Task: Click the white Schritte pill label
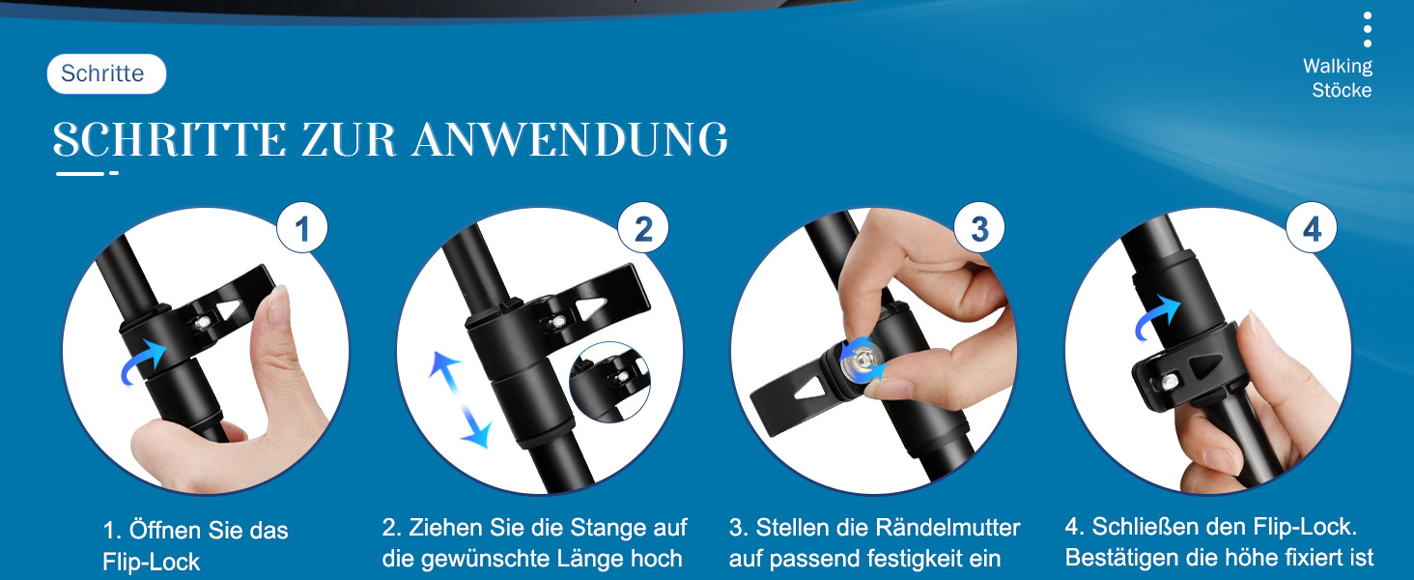tap(106, 73)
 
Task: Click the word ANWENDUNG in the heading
tap(570, 139)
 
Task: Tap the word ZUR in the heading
tap(349, 139)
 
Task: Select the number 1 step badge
tap(301, 228)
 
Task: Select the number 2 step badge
tap(642, 228)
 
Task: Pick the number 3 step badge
tap(979, 228)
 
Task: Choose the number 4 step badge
tap(1312, 228)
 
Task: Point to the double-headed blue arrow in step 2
tap(460, 399)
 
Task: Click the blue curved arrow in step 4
tap(1155, 318)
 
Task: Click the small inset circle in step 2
tap(609, 382)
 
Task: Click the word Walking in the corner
tap(1338, 66)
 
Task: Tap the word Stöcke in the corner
tap(1342, 90)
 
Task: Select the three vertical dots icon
tap(1368, 30)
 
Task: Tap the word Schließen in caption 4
tap(1144, 527)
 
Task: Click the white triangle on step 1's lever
tap(229, 309)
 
